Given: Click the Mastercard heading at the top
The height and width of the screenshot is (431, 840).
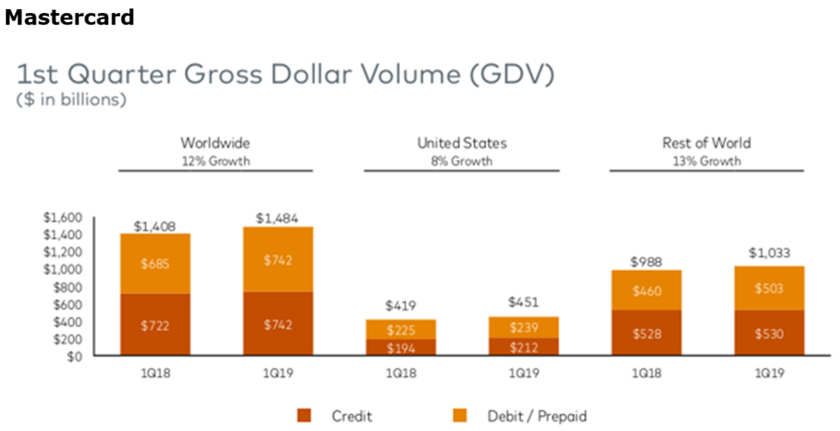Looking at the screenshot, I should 70,16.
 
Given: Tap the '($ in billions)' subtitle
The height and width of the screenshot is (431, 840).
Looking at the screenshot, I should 71,101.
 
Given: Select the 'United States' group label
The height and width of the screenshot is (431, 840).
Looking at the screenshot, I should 462,144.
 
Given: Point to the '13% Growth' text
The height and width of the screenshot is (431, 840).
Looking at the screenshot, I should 706,161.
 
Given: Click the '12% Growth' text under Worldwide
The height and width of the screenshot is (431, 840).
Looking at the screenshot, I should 215,161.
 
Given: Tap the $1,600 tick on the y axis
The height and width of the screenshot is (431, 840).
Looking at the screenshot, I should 63,218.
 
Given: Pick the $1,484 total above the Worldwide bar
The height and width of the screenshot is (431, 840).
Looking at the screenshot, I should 277,218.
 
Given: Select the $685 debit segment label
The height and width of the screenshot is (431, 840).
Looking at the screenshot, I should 155,265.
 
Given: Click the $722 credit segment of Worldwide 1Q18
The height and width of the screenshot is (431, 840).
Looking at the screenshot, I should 155,326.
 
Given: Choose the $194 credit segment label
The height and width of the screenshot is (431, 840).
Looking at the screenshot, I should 400,348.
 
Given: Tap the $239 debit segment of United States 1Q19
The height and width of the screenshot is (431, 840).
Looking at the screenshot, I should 523,326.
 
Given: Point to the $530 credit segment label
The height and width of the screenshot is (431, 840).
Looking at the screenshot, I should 769,334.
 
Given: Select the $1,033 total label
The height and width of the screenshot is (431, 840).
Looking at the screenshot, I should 769,253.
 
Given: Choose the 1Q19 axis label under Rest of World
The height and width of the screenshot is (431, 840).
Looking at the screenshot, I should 769,374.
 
